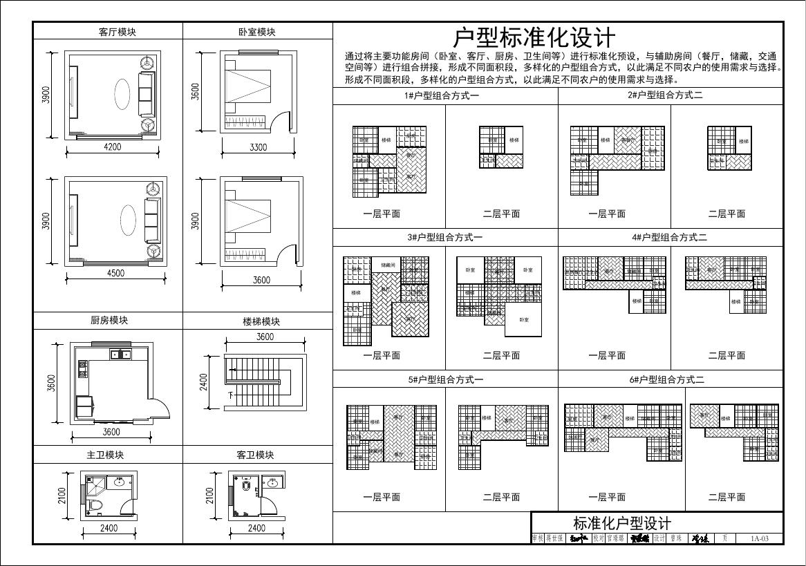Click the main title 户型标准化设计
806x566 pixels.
(x=534, y=37)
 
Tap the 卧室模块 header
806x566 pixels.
(x=256, y=32)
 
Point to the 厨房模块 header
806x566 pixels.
(x=109, y=321)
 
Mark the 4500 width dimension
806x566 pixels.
(x=115, y=273)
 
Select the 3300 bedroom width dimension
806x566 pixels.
(x=259, y=147)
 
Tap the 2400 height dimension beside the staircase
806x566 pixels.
(x=204, y=382)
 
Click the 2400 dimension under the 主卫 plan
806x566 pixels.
(x=109, y=528)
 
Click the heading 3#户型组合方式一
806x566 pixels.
(x=444, y=238)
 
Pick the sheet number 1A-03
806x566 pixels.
(x=759, y=538)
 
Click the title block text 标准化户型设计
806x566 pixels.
(x=621, y=522)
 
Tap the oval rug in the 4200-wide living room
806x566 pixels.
(x=122, y=92)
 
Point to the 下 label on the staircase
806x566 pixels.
(x=230, y=395)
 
